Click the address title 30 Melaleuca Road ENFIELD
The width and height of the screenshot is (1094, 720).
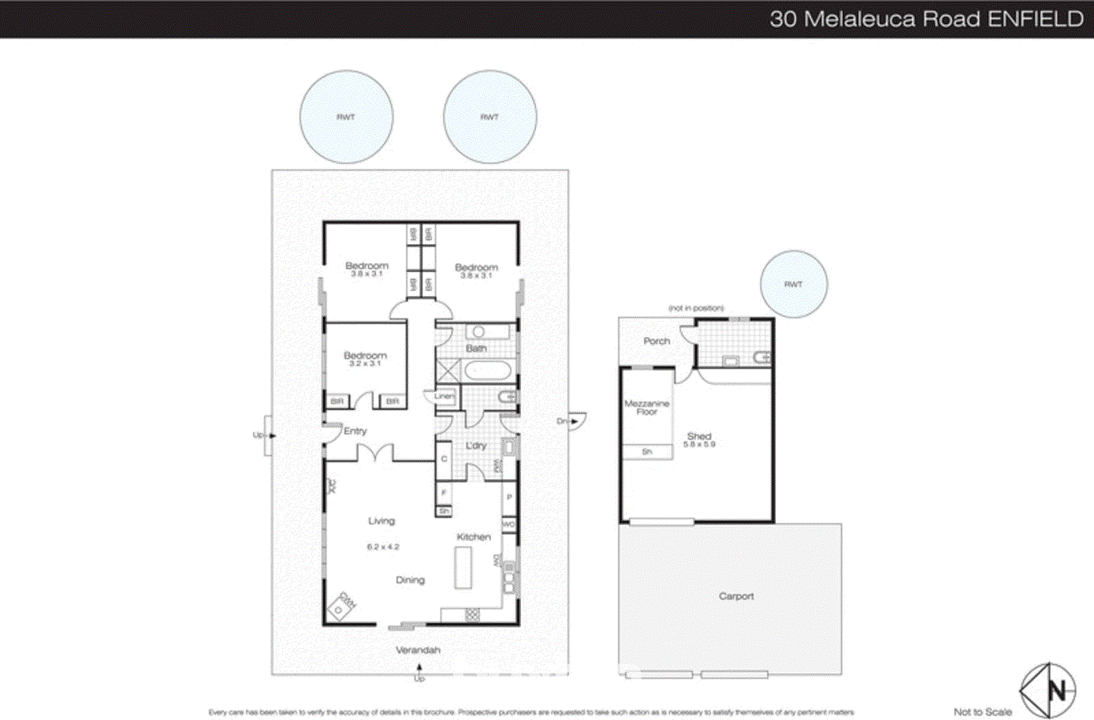(x=926, y=18)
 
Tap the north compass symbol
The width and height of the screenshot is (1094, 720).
(x=1048, y=690)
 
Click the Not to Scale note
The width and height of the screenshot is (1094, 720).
(x=983, y=712)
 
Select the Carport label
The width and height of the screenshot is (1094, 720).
(x=736, y=596)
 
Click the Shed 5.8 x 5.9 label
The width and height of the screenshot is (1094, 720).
(x=699, y=439)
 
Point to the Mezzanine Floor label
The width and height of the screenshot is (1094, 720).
(x=646, y=407)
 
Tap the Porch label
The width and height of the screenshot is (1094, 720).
(x=656, y=341)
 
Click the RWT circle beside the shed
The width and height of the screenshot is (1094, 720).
(x=793, y=284)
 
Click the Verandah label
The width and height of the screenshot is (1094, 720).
(x=418, y=650)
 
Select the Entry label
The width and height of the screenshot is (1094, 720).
(x=355, y=431)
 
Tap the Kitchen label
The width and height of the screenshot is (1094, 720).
(x=473, y=537)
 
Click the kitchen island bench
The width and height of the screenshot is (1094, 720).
(x=464, y=568)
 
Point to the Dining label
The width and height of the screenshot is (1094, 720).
(x=410, y=580)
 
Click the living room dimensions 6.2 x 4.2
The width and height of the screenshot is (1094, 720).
(x=383, y=546)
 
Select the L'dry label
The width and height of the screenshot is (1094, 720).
(x=476, y=445)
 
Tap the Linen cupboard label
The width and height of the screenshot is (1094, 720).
(x=444, y=396)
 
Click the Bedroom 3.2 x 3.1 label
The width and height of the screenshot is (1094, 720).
(x=365, y=359)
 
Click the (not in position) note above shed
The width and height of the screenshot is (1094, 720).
(x=696, y=308)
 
